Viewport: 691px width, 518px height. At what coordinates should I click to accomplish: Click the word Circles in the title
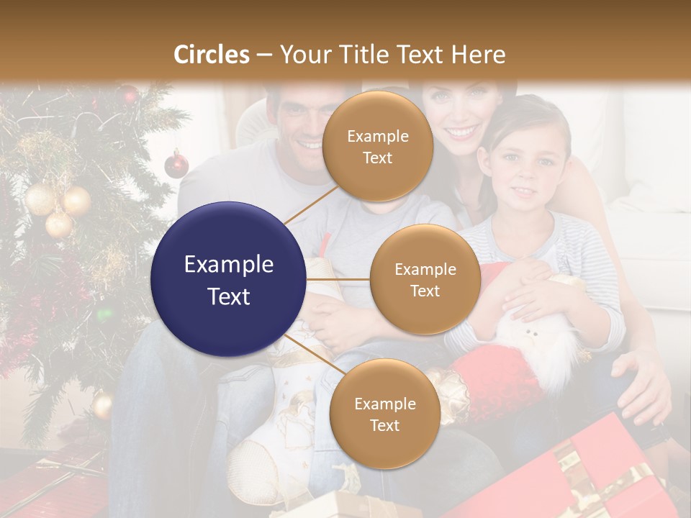(x=212, y=55)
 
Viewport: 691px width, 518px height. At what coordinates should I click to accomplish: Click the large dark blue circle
(x=229, y=279)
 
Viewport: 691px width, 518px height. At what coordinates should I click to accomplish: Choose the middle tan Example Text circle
(x=425, y=279)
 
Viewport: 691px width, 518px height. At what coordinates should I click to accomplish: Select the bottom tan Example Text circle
(x=384, y=414)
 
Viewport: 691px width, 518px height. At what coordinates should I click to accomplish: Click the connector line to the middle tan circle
(x=338, y=279)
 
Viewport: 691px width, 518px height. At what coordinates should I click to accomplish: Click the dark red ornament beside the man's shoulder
(x=176, y=165)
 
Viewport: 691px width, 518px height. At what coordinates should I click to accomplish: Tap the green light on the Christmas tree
(x=105, y=314)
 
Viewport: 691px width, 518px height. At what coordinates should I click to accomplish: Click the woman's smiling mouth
(x=461, y=132)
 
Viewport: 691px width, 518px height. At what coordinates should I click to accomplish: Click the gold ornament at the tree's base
(x=102, y=405)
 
